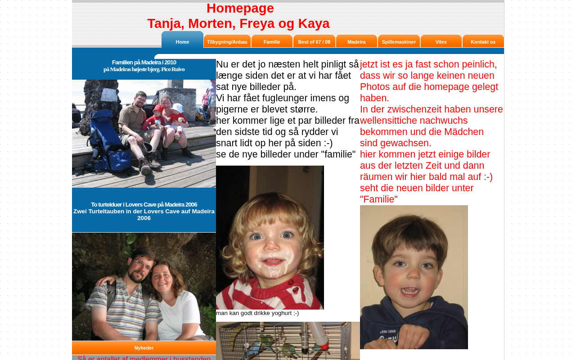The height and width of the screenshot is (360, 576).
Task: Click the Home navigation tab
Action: [182, 41]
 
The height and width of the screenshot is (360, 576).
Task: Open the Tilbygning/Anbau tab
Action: [227, 42]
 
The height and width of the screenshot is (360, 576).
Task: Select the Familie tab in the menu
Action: [272, 42]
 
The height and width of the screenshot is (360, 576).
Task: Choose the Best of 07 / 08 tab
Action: [314, 42]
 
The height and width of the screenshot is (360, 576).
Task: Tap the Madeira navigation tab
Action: [356, 42]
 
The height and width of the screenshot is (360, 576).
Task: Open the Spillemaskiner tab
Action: [399, 42]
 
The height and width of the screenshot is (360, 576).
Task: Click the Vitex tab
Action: [441, 42]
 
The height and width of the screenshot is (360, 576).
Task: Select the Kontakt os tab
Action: [483, 42]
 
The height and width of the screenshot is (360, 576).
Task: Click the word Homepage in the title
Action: [240, 8]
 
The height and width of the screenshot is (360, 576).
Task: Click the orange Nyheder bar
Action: [144, 348]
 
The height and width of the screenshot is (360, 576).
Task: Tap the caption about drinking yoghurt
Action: [257, 313]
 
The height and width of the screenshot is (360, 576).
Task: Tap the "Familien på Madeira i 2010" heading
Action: [144, 63]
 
